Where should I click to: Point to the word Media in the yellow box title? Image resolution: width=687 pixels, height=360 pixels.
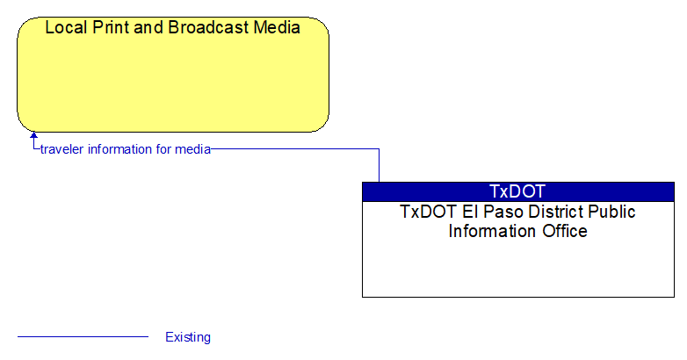tap(277, 27)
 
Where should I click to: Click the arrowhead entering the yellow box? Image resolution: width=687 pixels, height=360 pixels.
tap(33, 135)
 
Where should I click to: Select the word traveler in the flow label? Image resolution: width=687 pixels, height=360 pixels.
tap(62, 149)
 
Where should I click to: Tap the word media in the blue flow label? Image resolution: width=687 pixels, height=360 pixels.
tap(192, 149)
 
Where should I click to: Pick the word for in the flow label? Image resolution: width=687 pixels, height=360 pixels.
tap(163, 149)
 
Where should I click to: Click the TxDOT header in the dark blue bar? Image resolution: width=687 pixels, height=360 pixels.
tap(517, 191)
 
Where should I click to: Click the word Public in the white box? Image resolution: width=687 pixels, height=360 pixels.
tap(611, 212)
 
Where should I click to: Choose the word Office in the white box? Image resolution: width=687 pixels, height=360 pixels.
tap(565, 231)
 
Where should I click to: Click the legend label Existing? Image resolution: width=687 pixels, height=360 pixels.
tap(188, 337)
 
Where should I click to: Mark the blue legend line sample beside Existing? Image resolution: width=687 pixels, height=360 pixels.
tap(83, 337)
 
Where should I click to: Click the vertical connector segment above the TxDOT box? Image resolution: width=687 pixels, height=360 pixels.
tap(379, 166)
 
